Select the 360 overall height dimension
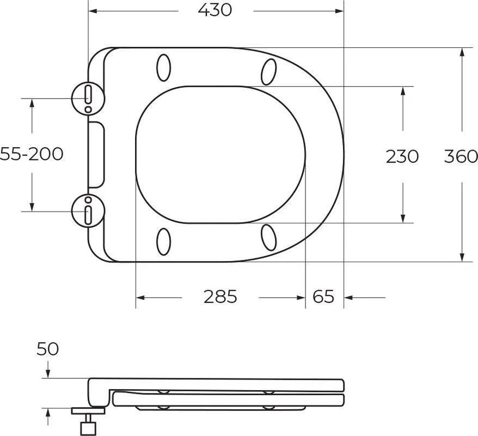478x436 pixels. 461,156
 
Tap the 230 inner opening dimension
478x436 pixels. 402,156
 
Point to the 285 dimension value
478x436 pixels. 220,296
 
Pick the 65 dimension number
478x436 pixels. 323,296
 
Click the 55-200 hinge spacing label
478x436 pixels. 32,154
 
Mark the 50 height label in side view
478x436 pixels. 47,349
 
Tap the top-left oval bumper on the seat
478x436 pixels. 164,68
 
